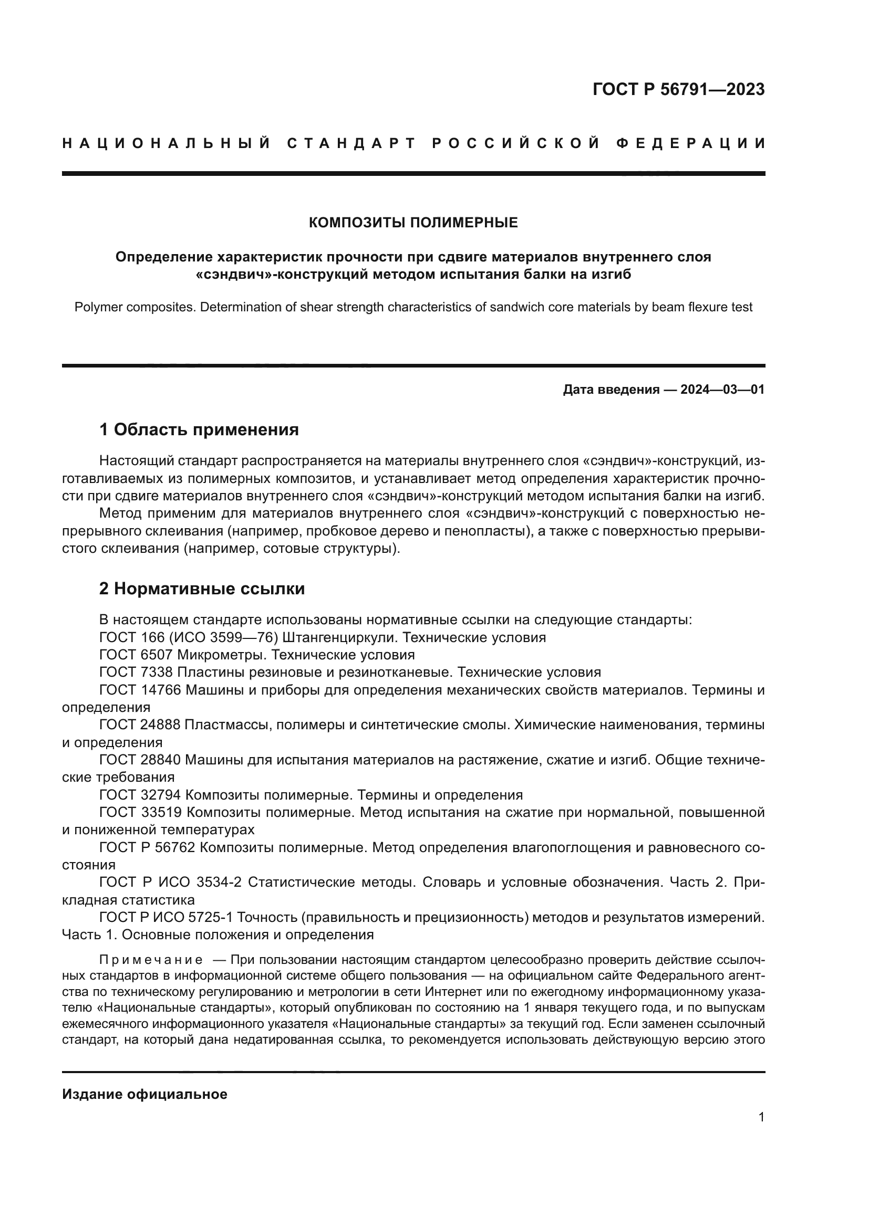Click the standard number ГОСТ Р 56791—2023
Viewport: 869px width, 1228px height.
pos(678,89)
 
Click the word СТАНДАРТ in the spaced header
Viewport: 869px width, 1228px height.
pos(351,143)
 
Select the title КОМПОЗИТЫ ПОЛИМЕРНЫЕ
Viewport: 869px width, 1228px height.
pos(413,223)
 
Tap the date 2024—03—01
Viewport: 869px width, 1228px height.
pos(722,390)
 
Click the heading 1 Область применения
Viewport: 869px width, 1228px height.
pos(199,429)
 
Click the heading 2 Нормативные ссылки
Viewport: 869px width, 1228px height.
pos(202,589)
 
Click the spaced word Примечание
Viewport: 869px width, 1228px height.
pos(151,960)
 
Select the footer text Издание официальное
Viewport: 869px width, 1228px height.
pos(144,1094)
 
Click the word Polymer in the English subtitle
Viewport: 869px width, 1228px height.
pos(96,308)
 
